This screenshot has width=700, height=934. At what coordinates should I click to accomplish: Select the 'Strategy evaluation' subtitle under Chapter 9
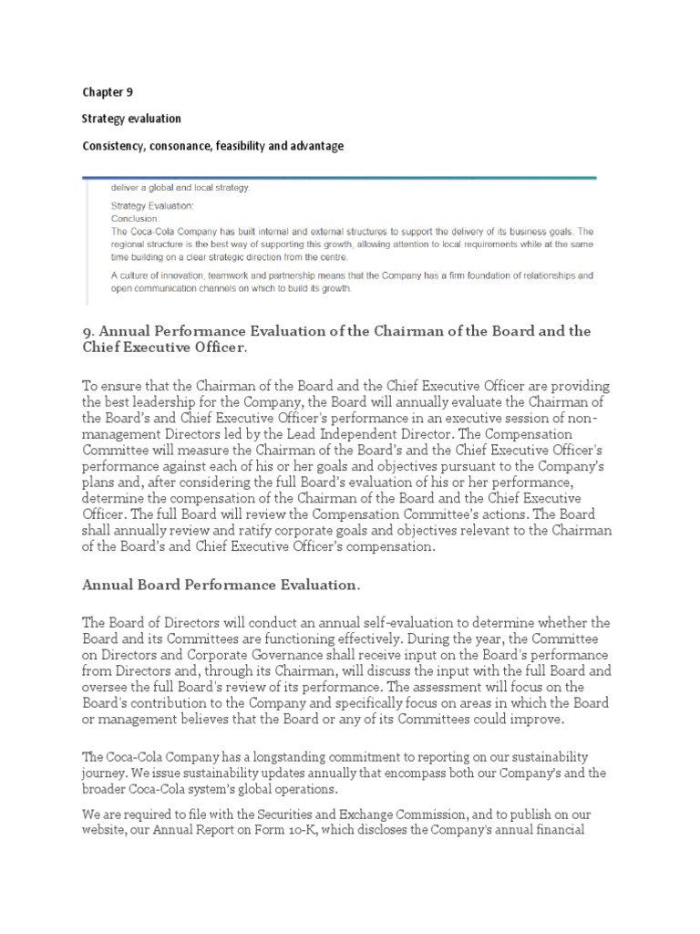pyautogui.click(x=131, y=119)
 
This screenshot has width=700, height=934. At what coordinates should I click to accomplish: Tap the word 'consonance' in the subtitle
pyautogui.click(x=187, y=146)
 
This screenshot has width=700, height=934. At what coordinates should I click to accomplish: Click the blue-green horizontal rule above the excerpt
pyautogui.click(x=339, y=178)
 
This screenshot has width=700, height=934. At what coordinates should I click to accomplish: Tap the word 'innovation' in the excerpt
pyautogui.click(x=194, y=275)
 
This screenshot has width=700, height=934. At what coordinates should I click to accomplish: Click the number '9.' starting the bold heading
pyautogui.click(x=88, y=331)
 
